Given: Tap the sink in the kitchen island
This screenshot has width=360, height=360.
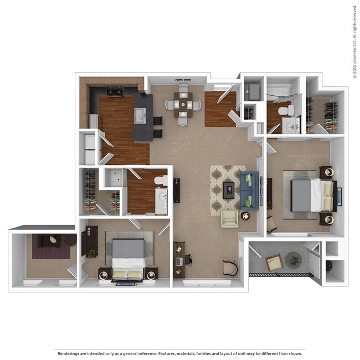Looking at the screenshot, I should coord(141,116).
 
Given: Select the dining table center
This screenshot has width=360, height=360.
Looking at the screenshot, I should coord(183,103).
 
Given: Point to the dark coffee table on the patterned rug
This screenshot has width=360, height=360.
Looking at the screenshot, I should coord(228,191).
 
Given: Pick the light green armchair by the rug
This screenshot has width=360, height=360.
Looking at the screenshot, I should coord(230,218).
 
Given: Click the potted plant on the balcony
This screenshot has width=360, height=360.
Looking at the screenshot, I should coord(293,259).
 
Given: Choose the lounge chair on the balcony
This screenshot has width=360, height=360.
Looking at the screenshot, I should coord(274,262).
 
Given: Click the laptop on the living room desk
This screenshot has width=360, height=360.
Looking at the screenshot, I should coord(178,260).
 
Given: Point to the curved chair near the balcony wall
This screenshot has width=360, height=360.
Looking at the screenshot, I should coord(229,267).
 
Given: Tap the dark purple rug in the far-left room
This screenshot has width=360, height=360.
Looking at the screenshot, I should coord(51,246).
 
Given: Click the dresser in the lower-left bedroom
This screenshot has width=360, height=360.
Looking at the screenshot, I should coord(89,240).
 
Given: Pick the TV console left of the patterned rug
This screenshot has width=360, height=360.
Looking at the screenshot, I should coord(177,190).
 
